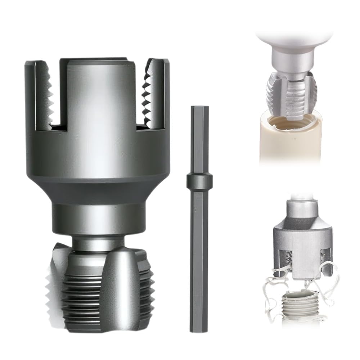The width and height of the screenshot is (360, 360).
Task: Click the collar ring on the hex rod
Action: coord(199,181)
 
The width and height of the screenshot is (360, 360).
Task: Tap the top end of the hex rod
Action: coord(199,108)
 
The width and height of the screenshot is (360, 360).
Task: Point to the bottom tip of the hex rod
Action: coord(199,329)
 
